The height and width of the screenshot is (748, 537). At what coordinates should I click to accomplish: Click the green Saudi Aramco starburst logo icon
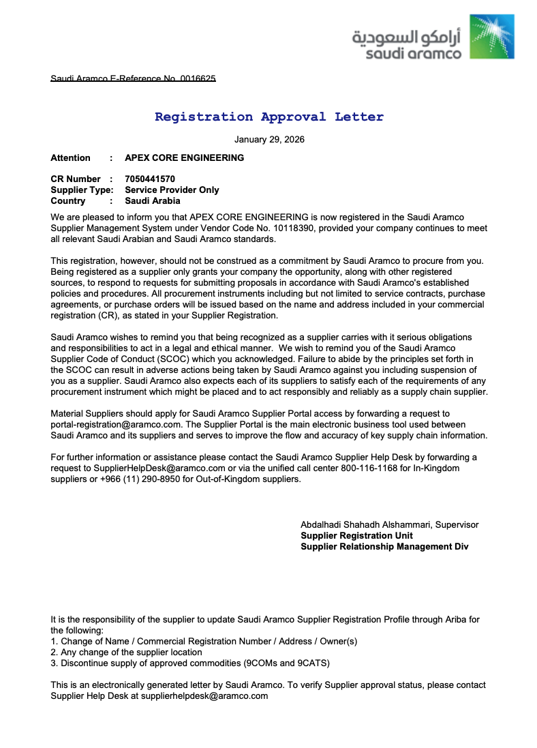click(492, 37)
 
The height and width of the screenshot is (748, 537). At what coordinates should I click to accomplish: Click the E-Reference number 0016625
click(198, 79)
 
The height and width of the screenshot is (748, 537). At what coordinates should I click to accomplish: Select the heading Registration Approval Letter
click(268, 117)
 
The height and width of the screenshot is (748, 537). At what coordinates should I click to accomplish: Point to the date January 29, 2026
click(269, 140)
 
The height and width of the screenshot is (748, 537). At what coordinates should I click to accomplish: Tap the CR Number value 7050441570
click(150, 179)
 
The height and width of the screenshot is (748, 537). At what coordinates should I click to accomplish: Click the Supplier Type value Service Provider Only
click(172, 190)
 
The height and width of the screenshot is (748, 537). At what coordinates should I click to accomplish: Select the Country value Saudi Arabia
click(153, 201)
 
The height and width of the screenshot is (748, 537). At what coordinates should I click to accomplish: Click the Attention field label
click(70, 158)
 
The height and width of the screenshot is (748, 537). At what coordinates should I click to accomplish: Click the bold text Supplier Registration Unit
click(356, 536)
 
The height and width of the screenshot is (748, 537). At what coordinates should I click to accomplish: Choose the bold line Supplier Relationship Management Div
click(384, 547)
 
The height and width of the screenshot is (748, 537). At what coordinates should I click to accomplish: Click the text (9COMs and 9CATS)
click(287, 663)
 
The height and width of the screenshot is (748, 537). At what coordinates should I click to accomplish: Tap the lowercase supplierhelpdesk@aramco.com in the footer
click(204, 696)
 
